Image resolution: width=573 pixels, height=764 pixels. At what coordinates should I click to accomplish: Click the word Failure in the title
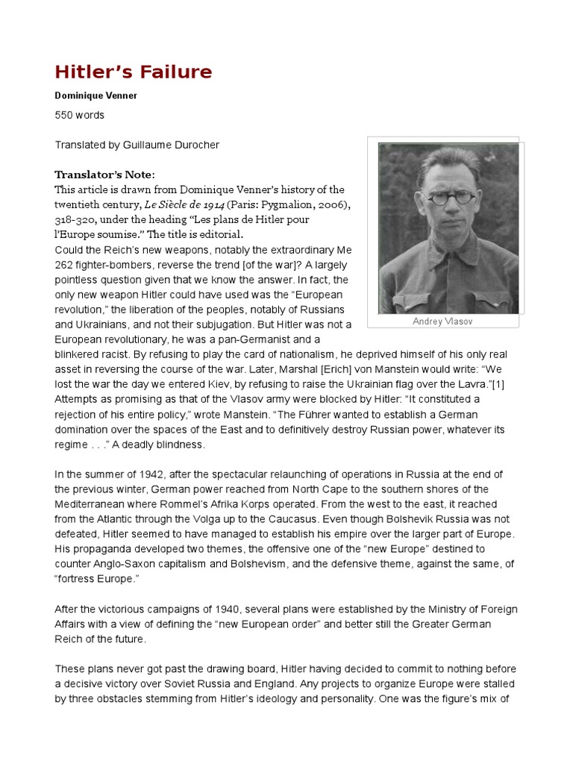[x=174, y=72]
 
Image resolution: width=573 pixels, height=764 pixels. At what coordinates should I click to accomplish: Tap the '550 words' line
[x=80, y=116]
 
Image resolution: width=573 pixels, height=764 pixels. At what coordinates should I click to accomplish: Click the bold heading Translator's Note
[x=104, y=175]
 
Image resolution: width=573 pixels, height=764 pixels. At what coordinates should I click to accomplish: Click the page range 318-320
[x=75, y=220]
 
